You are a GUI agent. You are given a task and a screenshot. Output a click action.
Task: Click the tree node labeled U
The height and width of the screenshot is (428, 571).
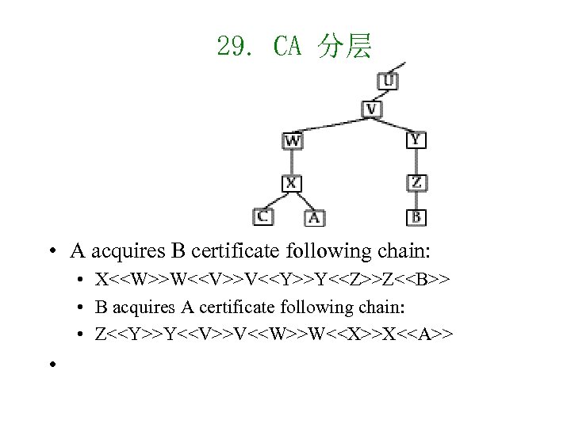389,80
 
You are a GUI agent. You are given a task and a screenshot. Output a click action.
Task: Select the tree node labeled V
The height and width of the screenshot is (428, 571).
373,107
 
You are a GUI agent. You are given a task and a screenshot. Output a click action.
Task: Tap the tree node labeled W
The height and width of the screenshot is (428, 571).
293,141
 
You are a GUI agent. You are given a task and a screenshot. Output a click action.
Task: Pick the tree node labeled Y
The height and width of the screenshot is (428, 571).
417,140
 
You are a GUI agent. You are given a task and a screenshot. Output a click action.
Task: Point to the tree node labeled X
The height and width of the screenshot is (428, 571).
293,183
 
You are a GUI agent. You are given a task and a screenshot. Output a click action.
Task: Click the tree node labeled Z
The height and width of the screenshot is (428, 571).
417,183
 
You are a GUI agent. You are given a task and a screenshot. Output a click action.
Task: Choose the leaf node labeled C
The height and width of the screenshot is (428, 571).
263,216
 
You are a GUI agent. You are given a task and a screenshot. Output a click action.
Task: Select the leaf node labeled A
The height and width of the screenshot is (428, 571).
315,216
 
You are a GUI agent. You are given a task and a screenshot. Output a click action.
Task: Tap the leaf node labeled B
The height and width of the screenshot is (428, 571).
417,216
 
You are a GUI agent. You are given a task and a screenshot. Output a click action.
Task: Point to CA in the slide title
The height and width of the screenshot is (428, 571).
288,48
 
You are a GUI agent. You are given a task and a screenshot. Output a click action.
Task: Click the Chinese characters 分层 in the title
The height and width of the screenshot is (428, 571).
344,48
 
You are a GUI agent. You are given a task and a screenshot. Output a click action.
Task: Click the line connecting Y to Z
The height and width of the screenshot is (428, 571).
417,162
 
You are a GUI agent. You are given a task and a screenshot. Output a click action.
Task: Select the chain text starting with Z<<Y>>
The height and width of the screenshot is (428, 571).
274,334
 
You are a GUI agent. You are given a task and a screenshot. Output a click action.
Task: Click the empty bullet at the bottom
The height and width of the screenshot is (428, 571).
52,365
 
